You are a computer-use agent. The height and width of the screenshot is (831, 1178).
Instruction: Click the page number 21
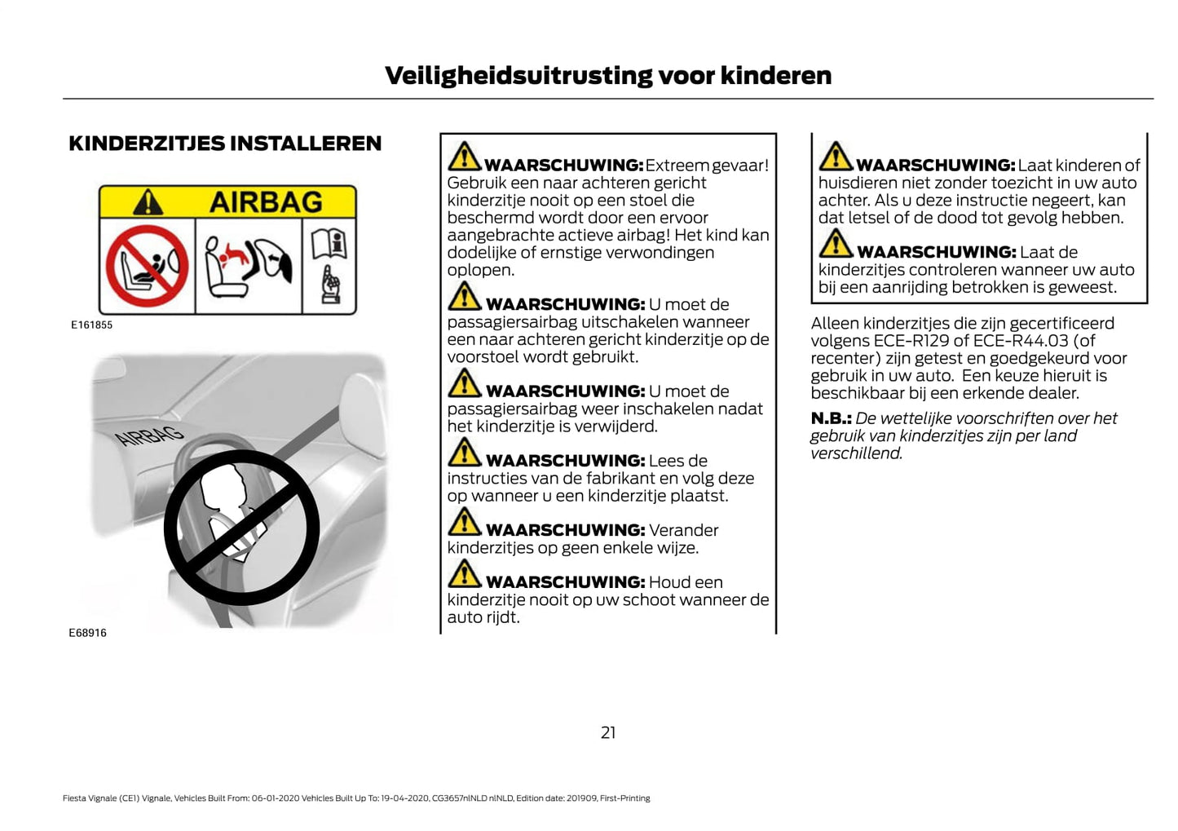[608, 732]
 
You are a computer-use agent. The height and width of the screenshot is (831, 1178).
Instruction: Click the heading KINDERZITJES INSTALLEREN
[225, 144]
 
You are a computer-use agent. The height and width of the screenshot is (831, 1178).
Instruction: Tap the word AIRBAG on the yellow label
[266, 201]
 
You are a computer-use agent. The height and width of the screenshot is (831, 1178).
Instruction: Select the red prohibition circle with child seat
[148, 267]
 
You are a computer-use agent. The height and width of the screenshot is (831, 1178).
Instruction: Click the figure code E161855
[91, 325]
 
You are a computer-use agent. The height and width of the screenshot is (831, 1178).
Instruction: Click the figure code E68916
[87, 633]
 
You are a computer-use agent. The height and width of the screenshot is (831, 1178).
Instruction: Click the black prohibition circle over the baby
[241, 527]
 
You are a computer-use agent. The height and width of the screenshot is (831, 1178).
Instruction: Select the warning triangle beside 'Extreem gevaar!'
[465, 157]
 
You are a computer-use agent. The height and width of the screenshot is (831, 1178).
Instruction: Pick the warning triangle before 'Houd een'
[465, 574]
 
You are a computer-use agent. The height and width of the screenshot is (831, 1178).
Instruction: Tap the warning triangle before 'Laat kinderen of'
[836, 157]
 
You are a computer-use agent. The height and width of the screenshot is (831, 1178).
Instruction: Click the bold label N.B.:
[831, 418]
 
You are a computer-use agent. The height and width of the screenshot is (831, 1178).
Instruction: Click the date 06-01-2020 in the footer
[276, 798]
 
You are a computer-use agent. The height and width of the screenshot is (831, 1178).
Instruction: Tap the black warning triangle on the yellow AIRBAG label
[148, 201]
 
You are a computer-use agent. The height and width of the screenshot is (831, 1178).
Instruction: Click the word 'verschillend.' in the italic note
[856, 453]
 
